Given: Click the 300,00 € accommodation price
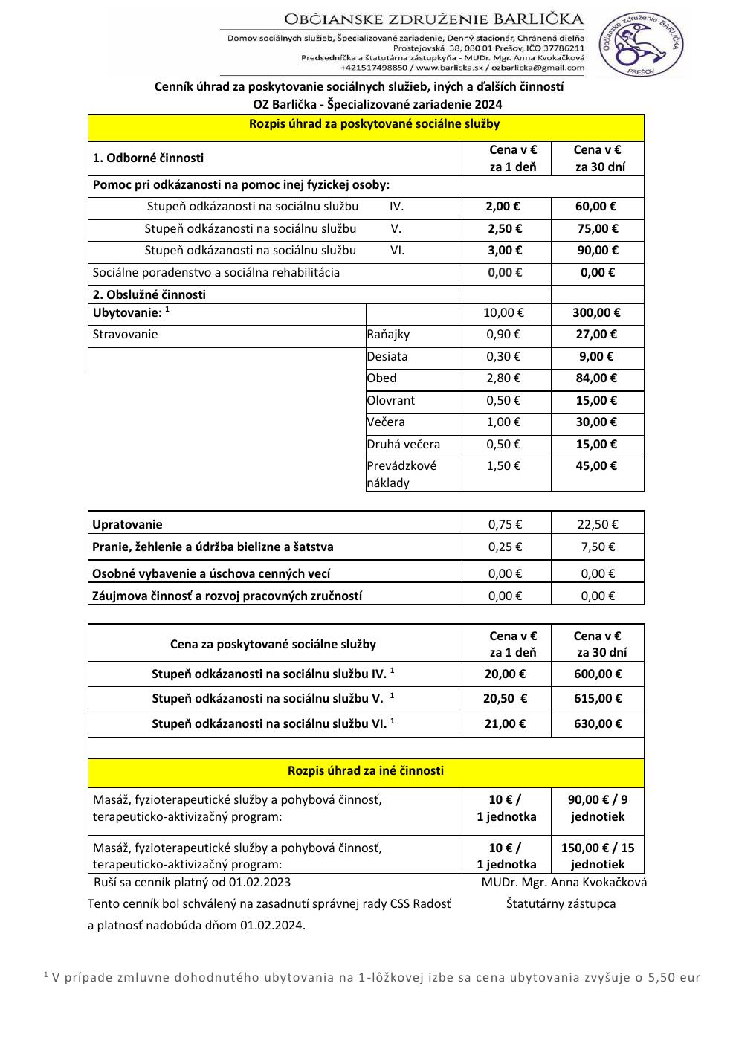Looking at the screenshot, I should [596, 313].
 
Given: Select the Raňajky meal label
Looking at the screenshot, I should [388, 335].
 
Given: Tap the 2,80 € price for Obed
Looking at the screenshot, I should [503, 378].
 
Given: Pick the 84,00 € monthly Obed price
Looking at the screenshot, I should [596, 378].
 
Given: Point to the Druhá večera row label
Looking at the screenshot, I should [403, 444].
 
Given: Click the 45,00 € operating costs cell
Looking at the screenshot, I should [596, 465].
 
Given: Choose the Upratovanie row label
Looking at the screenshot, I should [127, 524].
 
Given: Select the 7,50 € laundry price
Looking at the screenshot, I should [597, 547].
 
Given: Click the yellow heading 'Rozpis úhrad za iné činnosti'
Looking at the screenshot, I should [365, 770].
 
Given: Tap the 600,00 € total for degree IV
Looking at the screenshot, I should [598, 674].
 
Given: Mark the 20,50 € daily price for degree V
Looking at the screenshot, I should [505, 698].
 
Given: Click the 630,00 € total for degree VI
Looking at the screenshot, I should [598, 723].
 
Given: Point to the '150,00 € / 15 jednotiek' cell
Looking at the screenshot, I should [598, 856].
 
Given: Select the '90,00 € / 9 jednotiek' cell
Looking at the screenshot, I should [598, 808].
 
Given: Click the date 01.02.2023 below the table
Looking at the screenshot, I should [259, 882].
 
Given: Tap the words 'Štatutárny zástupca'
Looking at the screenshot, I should [561, 903].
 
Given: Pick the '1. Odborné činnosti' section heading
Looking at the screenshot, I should [148, 158].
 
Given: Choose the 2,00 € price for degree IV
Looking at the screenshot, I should [503, 207].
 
